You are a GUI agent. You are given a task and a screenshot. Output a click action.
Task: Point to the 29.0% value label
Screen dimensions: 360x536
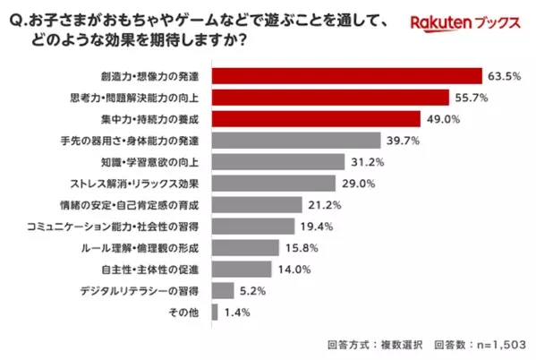[357, 183]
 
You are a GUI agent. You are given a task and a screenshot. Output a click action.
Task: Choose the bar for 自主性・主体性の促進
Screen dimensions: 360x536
[241, 269]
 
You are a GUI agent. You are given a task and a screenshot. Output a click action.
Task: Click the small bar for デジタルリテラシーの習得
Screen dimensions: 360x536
[223, 290]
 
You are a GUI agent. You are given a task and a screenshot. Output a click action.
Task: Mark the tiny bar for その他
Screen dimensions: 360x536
[214, 312]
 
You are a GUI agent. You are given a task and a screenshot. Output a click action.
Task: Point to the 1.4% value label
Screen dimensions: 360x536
[236, 312]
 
